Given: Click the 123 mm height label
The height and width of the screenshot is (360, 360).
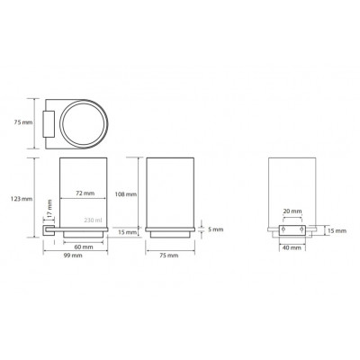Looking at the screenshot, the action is pyautogui.click(x=22, y=199).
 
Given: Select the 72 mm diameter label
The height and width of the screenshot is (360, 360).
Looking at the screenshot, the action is pyautogui.click(x=85, y=193).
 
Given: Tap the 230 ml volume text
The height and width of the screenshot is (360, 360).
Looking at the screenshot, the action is pyautogui.click(x=93, y=220).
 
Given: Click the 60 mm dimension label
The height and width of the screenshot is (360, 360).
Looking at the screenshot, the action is pyautogui.click(x=84, y=247).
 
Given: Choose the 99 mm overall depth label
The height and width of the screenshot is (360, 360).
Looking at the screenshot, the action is pyautogui.click(x=72, y=256).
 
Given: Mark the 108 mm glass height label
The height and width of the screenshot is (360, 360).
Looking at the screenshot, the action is pyautogui.click(x=126, y=194).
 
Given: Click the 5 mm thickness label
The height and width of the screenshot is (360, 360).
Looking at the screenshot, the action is pyautogui.click(x=216, y=229).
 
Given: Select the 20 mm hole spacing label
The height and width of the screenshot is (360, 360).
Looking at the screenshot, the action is pyautogui.click(x=292, y=211).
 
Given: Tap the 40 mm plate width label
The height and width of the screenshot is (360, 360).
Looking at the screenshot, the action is pyautogui.click(x=292, y=247).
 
